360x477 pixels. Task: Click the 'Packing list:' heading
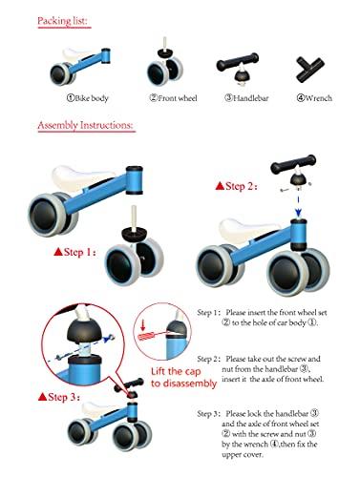click(62, 21)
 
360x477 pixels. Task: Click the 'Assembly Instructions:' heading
click(85, 125)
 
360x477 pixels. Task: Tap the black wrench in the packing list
click(309, 69)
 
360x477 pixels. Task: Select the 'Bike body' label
click(88, 98)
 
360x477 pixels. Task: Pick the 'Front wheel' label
click(174, 98)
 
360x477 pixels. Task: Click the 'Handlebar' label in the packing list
click(246, 98)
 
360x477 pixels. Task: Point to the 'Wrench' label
click(314, 98)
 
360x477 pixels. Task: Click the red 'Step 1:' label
click(75, 252)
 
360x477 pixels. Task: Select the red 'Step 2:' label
click(236, 186)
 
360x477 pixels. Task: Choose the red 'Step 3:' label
click(59, 397)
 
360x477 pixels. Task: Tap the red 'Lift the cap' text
click(176, 371)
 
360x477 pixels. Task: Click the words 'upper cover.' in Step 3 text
click(243, 454)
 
